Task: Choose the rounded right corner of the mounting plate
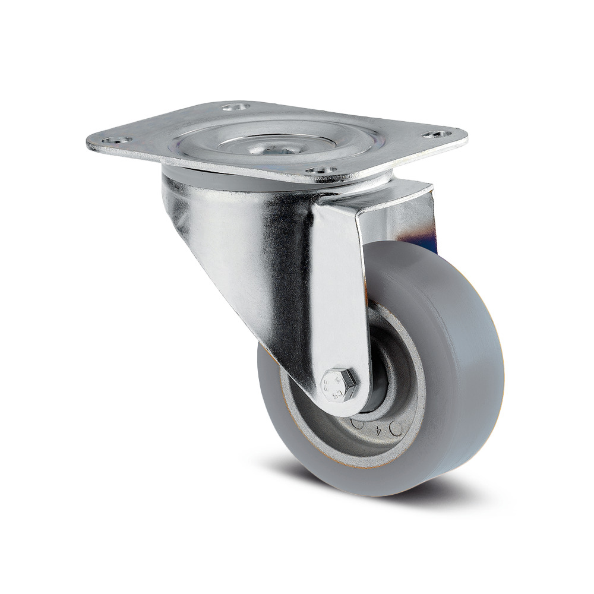(460, 138)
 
